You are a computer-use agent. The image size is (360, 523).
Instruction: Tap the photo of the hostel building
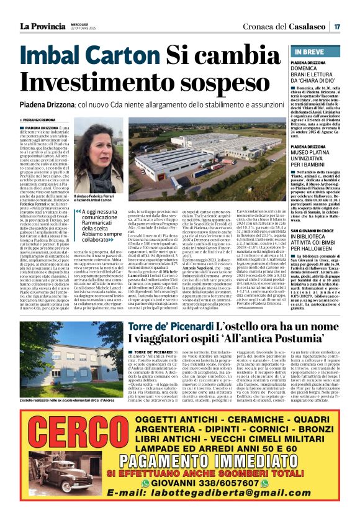coord(53,358)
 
